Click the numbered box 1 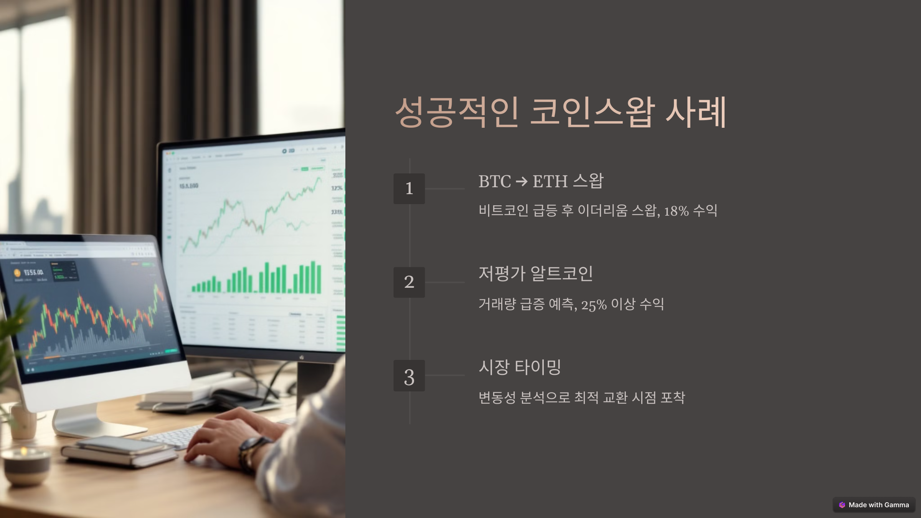coord(409,188)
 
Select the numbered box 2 coord(409,282)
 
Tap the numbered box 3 coord(409,376)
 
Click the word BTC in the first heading coord(494,181)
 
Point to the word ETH coord(550,181)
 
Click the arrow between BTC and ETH coord(522,181)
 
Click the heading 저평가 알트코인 coord(536,274)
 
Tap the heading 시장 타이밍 coord(520,367)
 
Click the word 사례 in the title coord(695,112)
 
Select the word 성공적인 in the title coord(457,112)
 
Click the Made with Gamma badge coord(874,505)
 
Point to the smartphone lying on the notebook coord(121,445)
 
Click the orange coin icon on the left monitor coord(17,273)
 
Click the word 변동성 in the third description coord(497,398)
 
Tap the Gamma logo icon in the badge coord(842,505)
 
